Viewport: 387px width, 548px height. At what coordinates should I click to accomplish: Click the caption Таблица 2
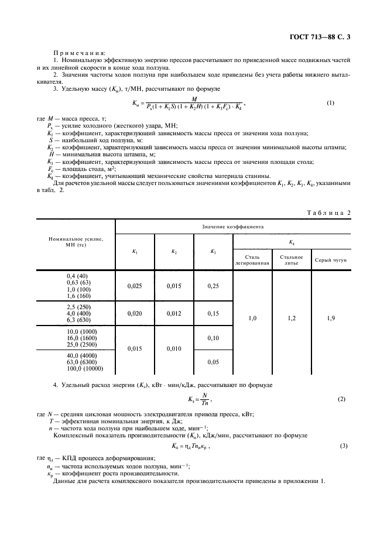pos(327,212)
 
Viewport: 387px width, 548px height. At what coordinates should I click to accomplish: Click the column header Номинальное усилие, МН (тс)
pos(76,242)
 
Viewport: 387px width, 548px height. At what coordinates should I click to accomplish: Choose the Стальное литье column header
pos(291,259)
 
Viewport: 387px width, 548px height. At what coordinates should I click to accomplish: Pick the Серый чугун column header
pos(330,259)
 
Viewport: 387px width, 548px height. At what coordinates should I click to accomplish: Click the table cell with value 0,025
pos(135,286)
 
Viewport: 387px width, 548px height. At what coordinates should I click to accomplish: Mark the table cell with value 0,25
pos(213,286)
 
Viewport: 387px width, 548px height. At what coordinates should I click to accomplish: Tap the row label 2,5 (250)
pos(76,307)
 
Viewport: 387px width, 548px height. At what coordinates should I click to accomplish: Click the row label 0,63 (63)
pos(76,282)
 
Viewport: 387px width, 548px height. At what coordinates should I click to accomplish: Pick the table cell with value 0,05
pos(213,362)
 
